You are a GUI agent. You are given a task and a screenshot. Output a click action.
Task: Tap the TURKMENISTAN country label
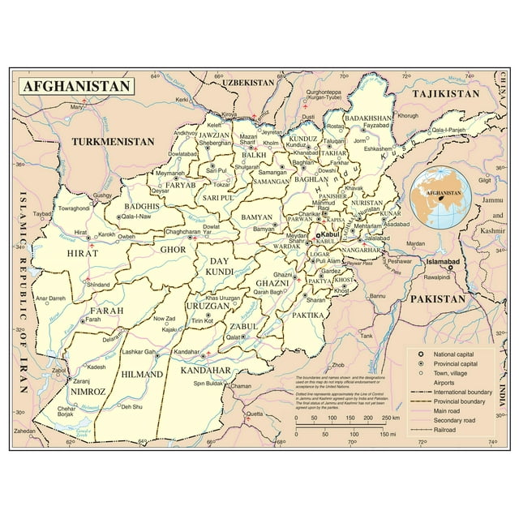pos(112,141)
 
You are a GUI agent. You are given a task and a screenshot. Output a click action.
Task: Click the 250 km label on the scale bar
pos(389,418)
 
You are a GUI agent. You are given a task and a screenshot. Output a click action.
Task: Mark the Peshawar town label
pos(399,261)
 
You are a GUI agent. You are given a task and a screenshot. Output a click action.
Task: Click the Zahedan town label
pos(24,431)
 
